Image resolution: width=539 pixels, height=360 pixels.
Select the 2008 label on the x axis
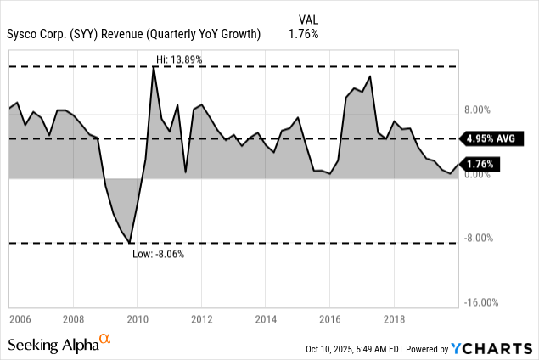pos(73,320)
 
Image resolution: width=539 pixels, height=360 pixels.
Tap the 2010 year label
pos(137,320)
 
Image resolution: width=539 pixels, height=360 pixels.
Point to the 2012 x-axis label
pos(201,320)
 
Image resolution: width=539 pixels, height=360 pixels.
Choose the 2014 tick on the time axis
pos(265,320)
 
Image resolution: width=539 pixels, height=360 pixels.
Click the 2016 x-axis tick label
pos(329,320)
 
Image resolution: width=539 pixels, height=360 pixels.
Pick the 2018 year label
pos(394,320)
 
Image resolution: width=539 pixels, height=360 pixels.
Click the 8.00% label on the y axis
pos(479,110)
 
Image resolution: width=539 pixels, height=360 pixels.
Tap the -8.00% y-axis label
pos(479,238)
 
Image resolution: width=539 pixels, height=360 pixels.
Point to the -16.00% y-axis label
pos(479,302)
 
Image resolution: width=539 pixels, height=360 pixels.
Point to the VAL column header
pos(309,19)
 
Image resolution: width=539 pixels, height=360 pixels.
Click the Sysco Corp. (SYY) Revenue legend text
pos(132,34)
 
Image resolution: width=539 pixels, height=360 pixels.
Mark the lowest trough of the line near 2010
pos(130,243)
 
